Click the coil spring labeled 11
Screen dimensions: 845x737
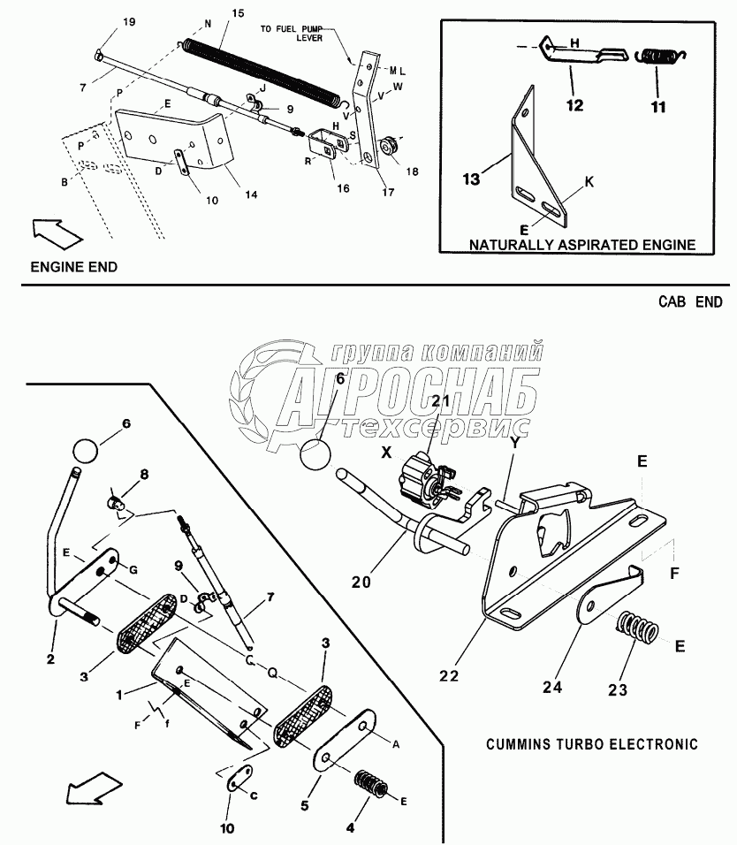pyautogui.click(x=658, y=57)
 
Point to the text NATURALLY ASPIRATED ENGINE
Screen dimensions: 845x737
pyautogui.click(x=582, y=244)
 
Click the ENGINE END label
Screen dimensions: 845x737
pyautogui.click(x=73, y=267)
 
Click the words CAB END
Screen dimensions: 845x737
pyautogui.click(x=690, y=301)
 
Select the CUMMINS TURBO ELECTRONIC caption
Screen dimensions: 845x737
pyautogui.click(x=591, y=744)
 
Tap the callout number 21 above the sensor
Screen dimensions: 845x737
pyautogui.click(x=442, y=402)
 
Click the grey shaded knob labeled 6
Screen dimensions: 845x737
pyautogui.click(x=87, y=449)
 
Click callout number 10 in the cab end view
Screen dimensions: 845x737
pyautogui.click(x=227, y=829)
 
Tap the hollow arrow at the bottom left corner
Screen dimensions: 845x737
pyautogui.click(x=93, y=788)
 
